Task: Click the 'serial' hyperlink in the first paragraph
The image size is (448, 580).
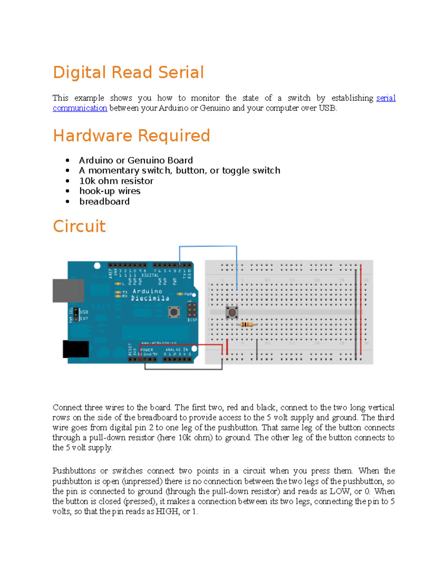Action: tap(386, 98)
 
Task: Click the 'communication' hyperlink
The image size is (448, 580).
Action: tap(80, 108)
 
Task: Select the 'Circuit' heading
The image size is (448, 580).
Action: tap(79, 226)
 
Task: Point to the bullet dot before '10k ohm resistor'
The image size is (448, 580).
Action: tap(68, 181)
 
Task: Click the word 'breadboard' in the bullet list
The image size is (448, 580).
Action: tap(105, 202)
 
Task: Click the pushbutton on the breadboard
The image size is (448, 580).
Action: tap(232, 312)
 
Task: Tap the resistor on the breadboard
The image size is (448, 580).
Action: tap(246, 325)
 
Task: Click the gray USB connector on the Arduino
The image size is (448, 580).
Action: tap(68, 291)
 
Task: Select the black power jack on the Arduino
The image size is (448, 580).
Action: tap(76, 349)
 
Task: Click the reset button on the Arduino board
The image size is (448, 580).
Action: tap(174, 312)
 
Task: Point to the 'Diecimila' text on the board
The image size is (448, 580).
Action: tap(150, 298)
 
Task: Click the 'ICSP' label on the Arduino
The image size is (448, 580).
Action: tap(192, 320)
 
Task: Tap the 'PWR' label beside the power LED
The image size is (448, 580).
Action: tap(188, 294)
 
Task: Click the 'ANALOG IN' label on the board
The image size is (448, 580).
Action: tap(177, 350)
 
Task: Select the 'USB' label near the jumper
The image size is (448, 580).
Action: tap(84, 312)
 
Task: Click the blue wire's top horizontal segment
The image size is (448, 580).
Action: tap(208, 246)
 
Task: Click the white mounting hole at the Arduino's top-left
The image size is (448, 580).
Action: tap(97, 266)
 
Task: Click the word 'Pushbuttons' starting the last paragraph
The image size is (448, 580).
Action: tap(74, 471)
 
